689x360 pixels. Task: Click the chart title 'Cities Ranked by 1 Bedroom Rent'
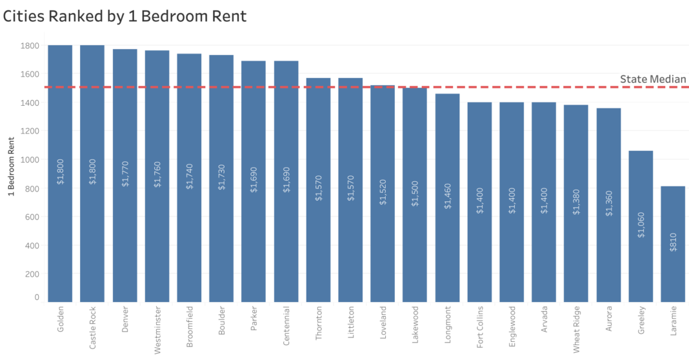(x=125, y=16)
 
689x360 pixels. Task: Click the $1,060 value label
(x=641, y=224)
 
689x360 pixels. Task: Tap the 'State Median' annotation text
(x=653, y=79)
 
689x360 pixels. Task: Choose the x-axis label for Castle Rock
(x=92, y=327)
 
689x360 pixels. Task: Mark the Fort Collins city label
(x=479, y=328)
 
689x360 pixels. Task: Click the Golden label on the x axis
(x=60, y=319)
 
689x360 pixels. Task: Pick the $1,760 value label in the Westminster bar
(x=157, y=173)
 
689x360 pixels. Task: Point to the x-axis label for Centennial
(x=286, y=326)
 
